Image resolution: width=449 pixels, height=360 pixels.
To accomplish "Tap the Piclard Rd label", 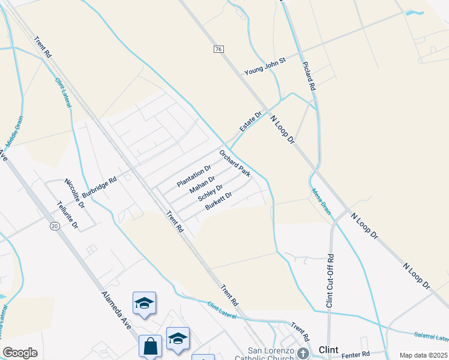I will tap(310, 75).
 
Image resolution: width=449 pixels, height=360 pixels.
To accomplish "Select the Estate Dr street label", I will tap(251, 122).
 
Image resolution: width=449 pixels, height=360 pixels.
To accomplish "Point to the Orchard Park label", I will tap(235, 163).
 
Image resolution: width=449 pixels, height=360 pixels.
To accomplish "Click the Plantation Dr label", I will tap(194, 175).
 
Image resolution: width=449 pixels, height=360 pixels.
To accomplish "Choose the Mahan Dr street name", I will tap(202, 185).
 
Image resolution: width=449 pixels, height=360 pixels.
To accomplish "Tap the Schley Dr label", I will tap(210, 194).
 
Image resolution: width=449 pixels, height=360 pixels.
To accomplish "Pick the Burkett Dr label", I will tap(218, 203).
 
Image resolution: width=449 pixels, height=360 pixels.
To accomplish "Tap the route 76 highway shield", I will tap(218, 49).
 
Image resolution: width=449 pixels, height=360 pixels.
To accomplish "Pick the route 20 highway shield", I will tap(55, 226).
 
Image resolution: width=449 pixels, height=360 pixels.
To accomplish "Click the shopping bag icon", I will tap(150, 346).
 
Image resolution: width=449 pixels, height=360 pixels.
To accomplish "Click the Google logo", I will tap(20, 353).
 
